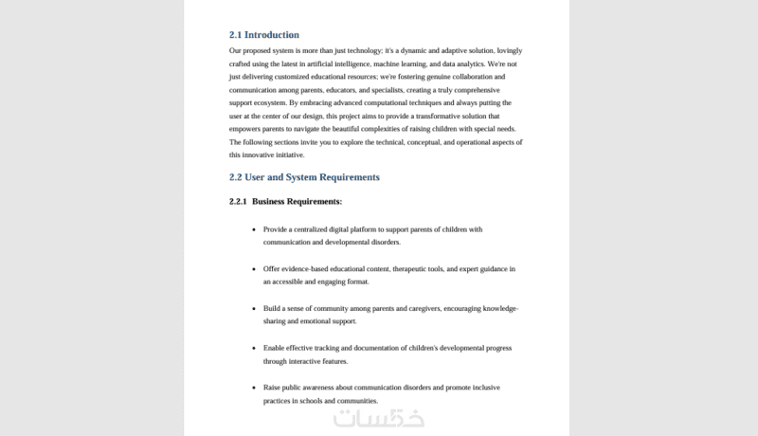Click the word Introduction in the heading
coord(272,35)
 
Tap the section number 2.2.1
coord(238,202)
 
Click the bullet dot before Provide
coord(254,229)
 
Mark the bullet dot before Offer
coord(254,269)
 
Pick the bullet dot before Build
coord(254,309)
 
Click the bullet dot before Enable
coord(254,349)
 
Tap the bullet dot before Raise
coord(254,389)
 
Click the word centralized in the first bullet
coord(318,229)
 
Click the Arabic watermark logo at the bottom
coord(378,417)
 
